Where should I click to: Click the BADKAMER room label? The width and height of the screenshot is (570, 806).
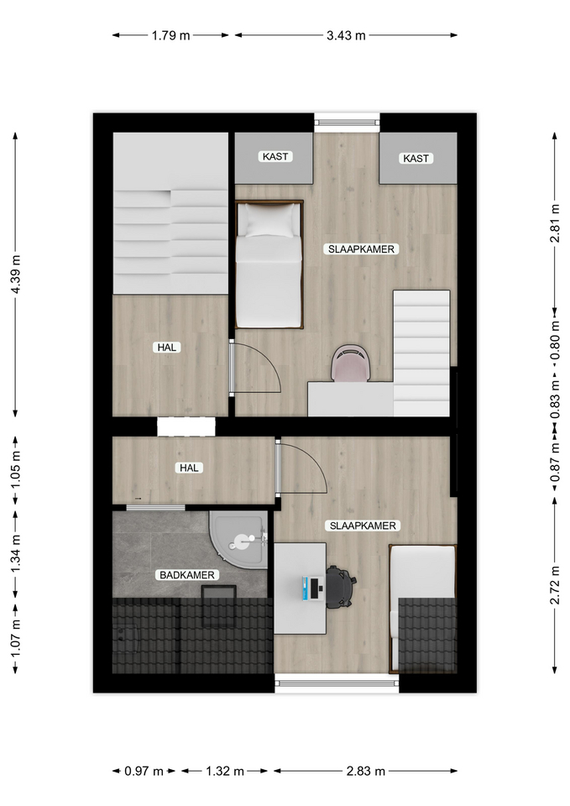(187, 574)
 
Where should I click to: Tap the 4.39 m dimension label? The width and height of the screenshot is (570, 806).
(16, 275)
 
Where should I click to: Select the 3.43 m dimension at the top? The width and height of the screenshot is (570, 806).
(346, 35)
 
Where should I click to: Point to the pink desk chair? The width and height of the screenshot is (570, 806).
(351, 363)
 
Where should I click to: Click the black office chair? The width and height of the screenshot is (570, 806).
(340, 587)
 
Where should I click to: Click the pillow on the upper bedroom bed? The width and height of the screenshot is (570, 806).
(269, 220)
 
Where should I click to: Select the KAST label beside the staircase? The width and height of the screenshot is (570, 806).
(275, 156)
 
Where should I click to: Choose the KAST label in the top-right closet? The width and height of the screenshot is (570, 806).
(416, 159)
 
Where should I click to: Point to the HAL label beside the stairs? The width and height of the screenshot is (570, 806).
(167, 348)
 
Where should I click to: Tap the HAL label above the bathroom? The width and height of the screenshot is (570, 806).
(189, 468)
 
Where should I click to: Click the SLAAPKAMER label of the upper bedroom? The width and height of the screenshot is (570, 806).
(361, 249)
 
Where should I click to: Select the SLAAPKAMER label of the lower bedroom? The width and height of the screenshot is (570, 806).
(363, 526)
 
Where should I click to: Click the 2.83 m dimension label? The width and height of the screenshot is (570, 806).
(365, 771)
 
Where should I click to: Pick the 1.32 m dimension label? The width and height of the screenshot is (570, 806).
(225, 771)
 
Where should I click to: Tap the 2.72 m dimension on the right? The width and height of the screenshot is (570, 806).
(555, 585)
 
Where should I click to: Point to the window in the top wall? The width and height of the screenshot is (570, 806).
(347, 123)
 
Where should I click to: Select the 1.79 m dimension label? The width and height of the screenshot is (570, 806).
(170, 35)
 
